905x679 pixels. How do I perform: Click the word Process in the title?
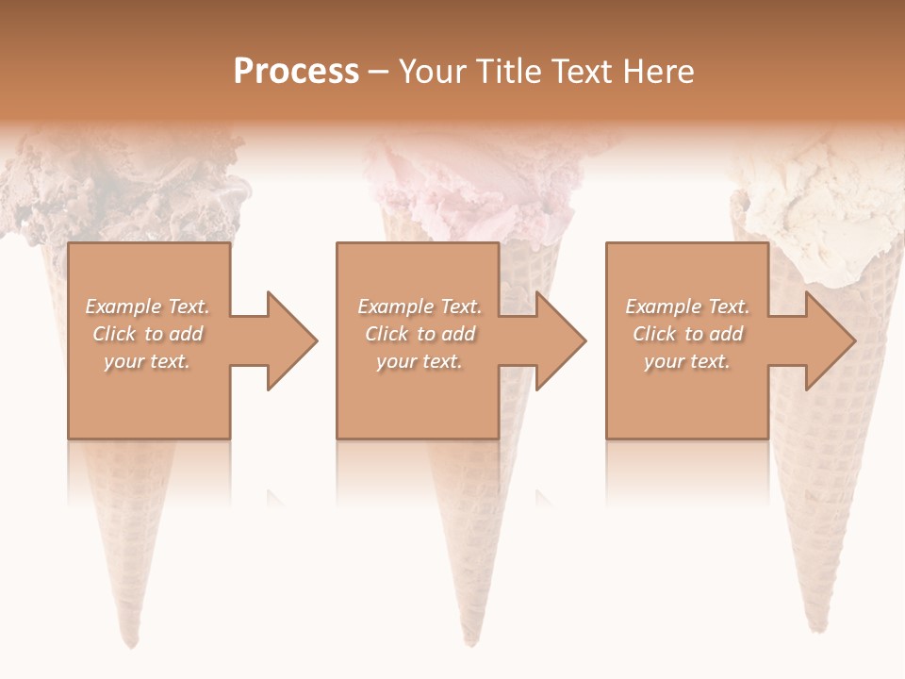(x=296, y=72)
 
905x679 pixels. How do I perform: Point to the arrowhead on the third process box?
(x=829, y=340)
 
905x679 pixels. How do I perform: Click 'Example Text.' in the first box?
(x=148, y=306)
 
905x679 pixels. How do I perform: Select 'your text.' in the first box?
(x=148, y=361)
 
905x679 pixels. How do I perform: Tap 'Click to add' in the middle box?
(x=420, y=334)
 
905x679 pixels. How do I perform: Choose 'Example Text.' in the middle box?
(x=420, y=306)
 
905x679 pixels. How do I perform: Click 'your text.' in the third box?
(x=687, y=361)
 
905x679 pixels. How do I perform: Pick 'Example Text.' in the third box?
(x=687, y=306)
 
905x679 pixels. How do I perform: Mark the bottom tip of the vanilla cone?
(x=812, y=627)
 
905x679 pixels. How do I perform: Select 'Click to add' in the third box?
(x=687, y=334)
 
